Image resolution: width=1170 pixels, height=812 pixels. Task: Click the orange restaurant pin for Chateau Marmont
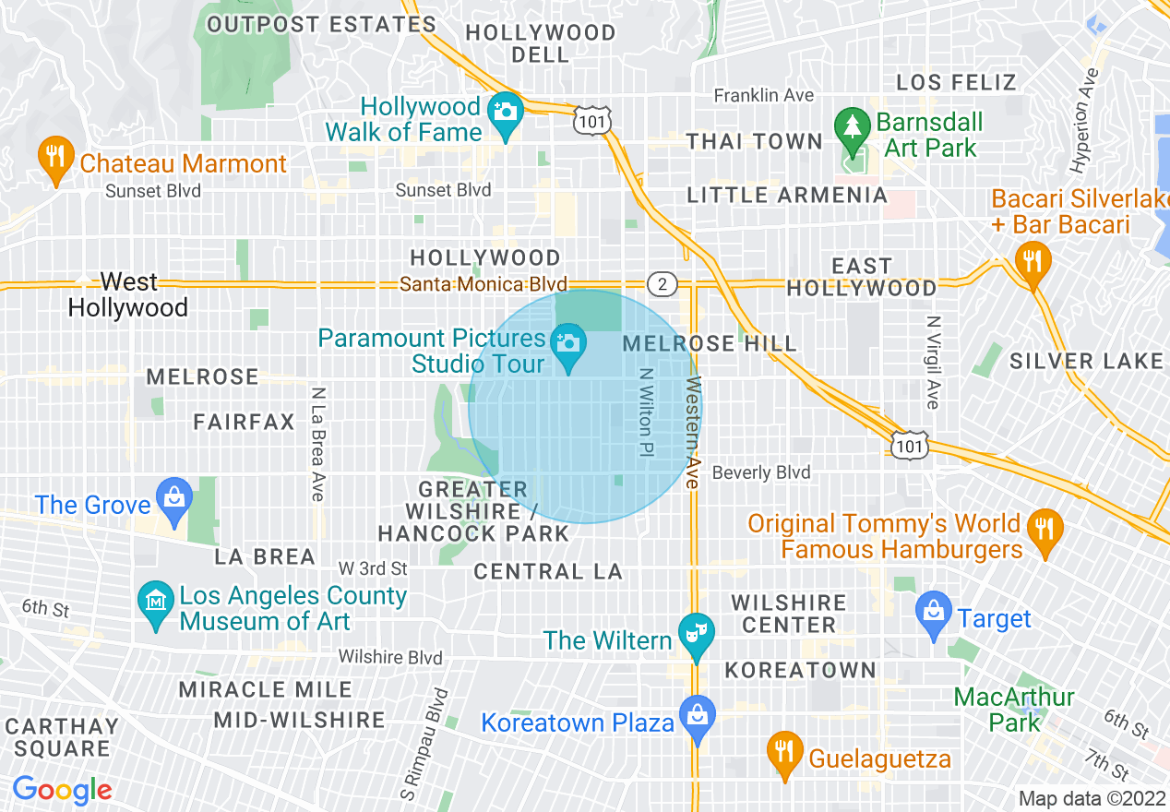coord(55,156)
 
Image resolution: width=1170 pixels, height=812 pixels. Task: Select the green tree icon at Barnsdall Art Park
coord(850,126)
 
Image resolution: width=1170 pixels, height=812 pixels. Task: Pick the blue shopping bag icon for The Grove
coord(173,497)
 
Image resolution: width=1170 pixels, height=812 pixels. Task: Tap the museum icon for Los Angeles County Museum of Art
coord(155,601)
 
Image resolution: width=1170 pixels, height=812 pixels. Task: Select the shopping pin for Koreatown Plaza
coord(697,715)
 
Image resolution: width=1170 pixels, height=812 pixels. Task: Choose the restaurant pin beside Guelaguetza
coord(784,751)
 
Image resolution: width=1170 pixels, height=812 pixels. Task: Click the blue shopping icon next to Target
coord(934,611)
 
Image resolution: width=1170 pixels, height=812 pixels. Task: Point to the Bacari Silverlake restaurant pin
coord(1032,259)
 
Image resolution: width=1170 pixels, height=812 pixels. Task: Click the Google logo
coord(62,790)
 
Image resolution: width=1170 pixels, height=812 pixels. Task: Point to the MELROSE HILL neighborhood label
coord(710,343)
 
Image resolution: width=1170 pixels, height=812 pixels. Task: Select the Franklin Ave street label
coord(764,96)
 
